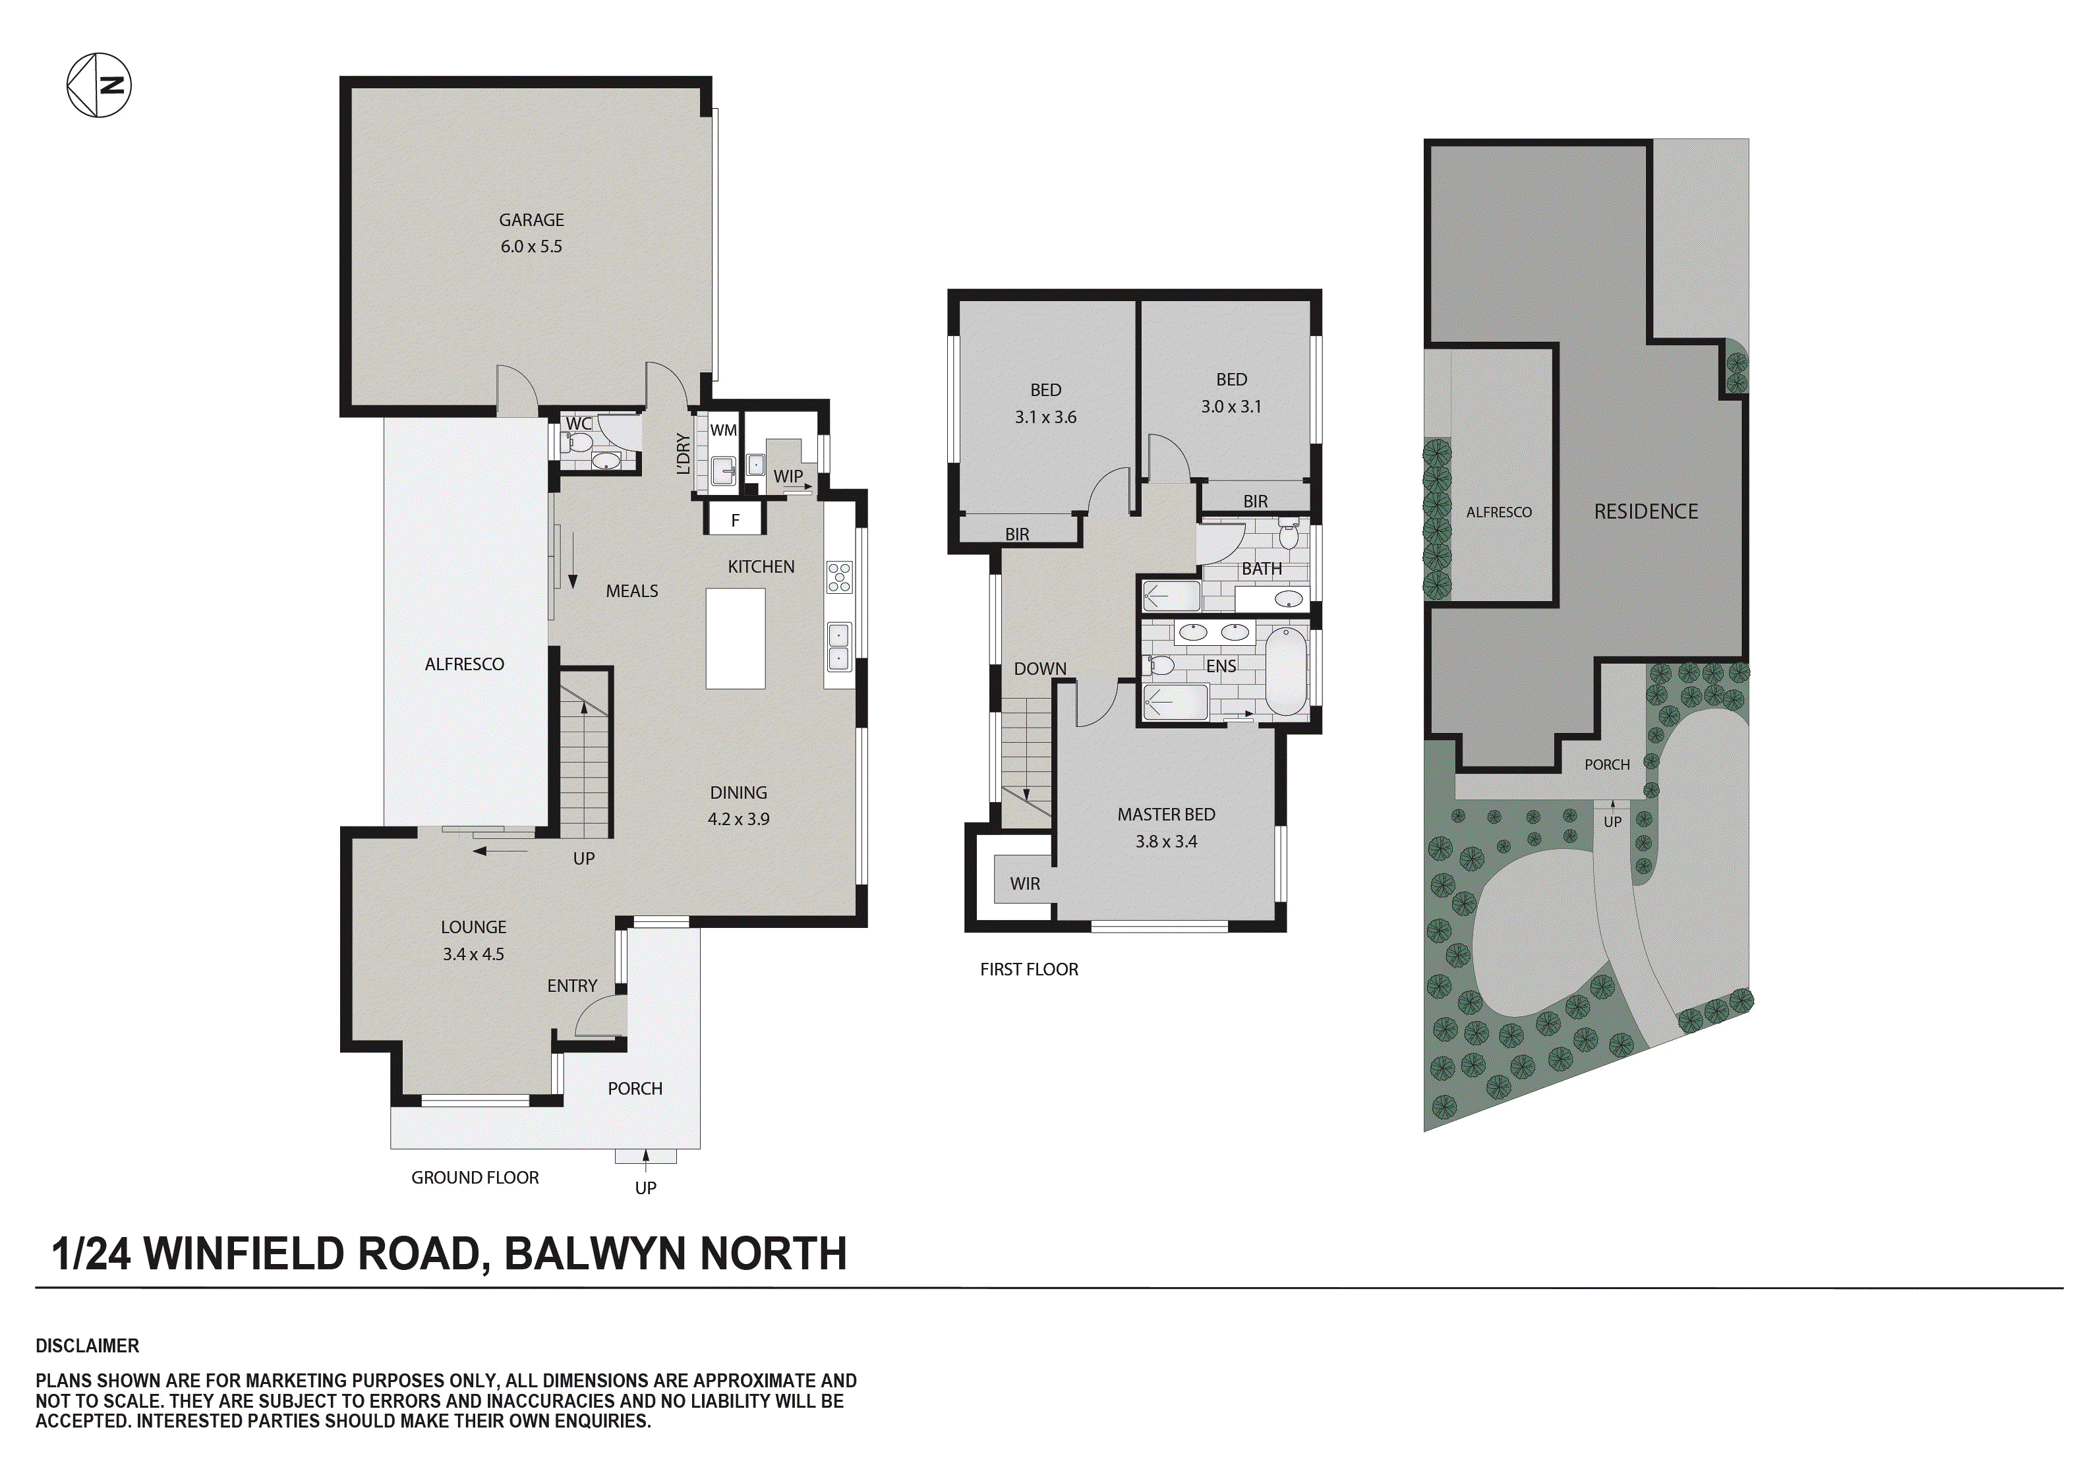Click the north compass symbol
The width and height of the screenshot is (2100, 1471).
[x=99, y=85]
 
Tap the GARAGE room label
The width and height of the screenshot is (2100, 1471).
[x=531, y=219]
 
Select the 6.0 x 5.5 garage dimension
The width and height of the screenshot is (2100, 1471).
[x=531, y=246]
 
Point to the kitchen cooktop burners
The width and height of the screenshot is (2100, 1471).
[x=838, y=577]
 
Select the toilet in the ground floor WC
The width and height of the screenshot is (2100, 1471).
[x=578, y=443]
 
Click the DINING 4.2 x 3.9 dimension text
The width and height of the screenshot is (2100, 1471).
[x=738, y=819]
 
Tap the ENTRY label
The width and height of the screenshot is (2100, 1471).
[x=571, y=985]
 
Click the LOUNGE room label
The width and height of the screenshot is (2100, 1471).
[x=473, y=927]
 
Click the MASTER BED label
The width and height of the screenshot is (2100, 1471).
[x=1166, y=814]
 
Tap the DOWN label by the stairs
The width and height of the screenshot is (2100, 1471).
[x=1040, y=669]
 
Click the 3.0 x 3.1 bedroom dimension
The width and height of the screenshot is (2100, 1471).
[x=1231, y=406]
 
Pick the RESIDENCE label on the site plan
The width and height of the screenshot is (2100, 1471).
[x=1645, y=511]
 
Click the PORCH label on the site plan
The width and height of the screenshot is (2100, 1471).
[x=1607, y=764]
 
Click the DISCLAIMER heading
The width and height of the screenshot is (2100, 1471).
[x=88, y=1346]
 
